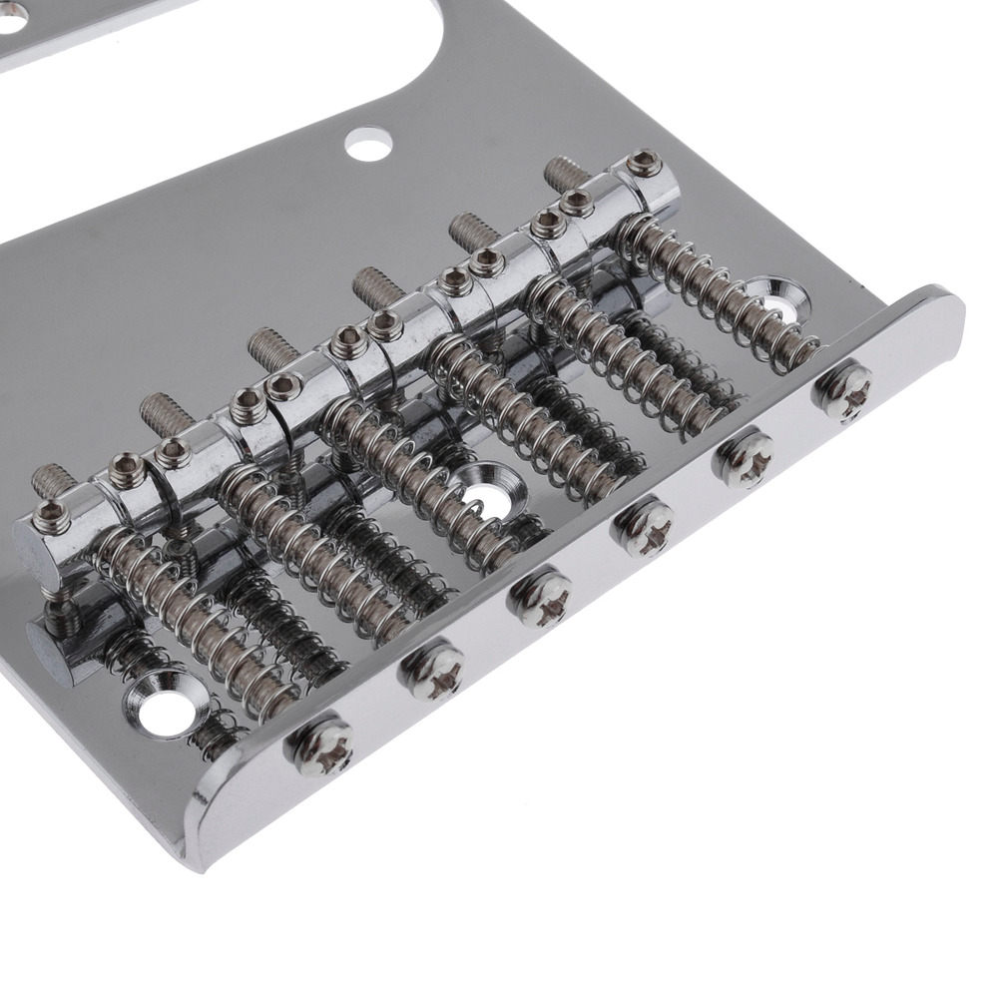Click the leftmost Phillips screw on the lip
click(320, 746)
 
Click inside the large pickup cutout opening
click(250, 60)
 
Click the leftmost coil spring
click(180, 619)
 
